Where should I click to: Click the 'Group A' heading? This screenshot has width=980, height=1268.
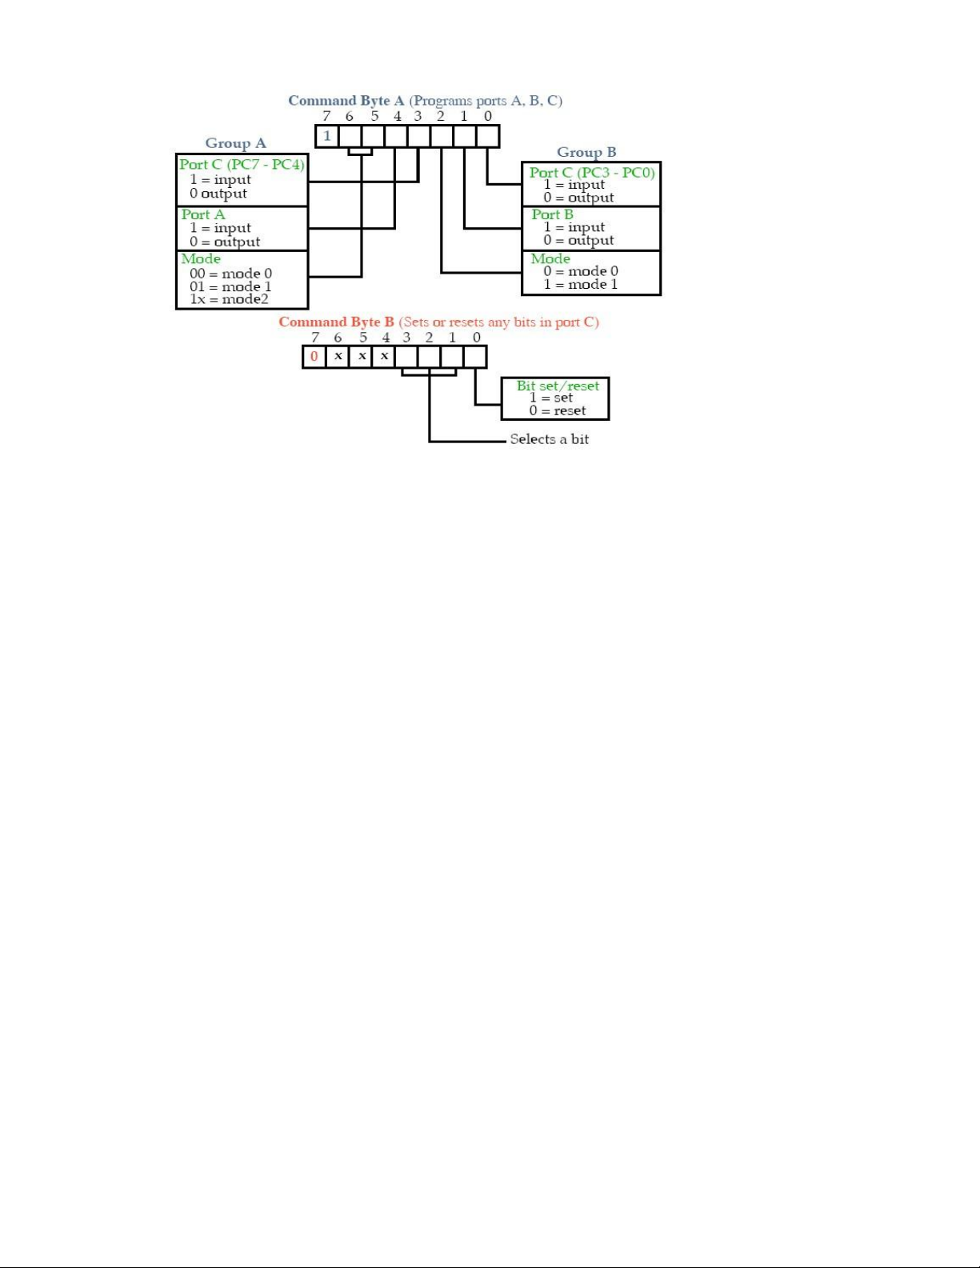[236, 143]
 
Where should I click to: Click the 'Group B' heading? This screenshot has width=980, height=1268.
[586, 152]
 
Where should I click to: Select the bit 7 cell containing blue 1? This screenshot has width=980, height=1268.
[326, 136]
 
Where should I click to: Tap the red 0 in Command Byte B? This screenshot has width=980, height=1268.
[314, 356]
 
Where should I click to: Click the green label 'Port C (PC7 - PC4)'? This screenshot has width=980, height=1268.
[242, 165]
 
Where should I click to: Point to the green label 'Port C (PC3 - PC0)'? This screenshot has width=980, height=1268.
[592, 173]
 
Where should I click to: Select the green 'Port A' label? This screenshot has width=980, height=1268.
[203, 214]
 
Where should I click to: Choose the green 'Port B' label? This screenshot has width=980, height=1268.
[553, 214]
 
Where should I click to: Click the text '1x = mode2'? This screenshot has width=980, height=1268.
[229, 298]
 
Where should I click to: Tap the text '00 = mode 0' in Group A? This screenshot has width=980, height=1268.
[230, 273]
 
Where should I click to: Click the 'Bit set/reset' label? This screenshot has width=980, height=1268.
[558, 386]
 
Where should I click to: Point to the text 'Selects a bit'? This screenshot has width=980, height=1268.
[549, 439]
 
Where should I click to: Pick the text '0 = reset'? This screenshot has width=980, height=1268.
[557, 410]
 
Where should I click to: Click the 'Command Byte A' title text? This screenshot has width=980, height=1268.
[346, 100]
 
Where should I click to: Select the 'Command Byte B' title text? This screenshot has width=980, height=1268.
[337, 322]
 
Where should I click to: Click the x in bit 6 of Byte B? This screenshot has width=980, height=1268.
[338, 356]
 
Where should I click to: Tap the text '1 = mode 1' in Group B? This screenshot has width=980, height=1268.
[581, 284]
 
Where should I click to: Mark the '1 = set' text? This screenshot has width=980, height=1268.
[550, 398]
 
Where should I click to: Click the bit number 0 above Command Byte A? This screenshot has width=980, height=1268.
[488, 116]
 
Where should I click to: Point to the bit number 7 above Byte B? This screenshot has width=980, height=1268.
[315, 338]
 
